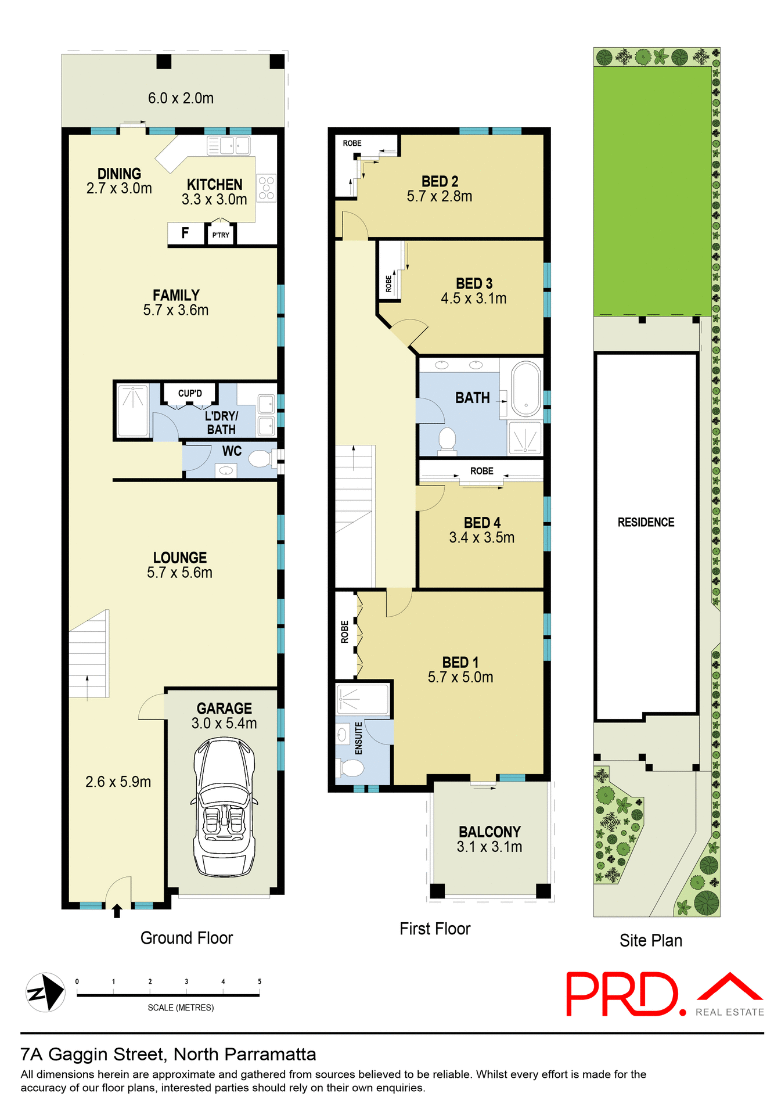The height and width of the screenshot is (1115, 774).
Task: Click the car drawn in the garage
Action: pyautogui.click(x=224, y=807)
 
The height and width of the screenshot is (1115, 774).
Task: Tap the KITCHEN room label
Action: pyautogui.click(x=214, y=185)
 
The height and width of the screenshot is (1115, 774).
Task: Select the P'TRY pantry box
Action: pyautogui.click(x=221, y=235)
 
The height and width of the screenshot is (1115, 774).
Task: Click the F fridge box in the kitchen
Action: pyautogui.click(x=185, y=233)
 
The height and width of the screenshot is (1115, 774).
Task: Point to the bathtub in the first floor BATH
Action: pyautogui.click(x=526, y=389)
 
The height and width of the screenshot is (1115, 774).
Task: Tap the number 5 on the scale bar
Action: pyautogui.click(x=260, y=981)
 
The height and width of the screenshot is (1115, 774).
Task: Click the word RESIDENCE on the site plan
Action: pyautogui.click(x=646, y=522)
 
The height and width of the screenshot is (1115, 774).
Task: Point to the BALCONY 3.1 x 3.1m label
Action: pyautogui.click(x=489, y=839)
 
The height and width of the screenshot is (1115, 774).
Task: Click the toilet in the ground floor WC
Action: pyautogui.click(x=261, y=459)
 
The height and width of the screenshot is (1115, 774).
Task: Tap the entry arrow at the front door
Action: pyautogui.click(x=117, y=911)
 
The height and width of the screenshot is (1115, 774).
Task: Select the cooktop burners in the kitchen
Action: pyautogui.click(x=267, y=188)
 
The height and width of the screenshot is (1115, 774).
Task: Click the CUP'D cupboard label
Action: pyautogui.click(x=190, y=393)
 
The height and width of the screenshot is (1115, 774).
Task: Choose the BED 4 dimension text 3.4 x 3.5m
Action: pyautogui.click(x=481, y=538)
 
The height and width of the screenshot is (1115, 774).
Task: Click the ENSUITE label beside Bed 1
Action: pyautogui.click(x=358, y=738)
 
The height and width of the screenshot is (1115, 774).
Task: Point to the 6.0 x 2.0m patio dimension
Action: pyautogui.click(x=181, y=98)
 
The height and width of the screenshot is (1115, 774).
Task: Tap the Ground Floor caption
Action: pyautogui.click(x=186, y=938)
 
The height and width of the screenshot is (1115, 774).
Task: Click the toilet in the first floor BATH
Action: pyautogui.click(x=447, y=439)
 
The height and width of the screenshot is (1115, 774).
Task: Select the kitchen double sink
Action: pyautogui.click(x=228, y=145)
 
